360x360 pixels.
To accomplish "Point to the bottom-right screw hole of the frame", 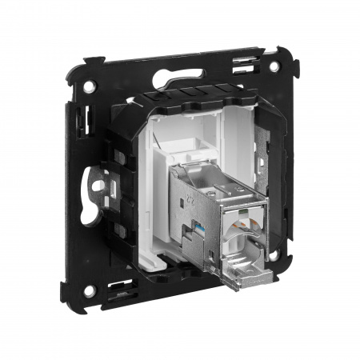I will point(275,258).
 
